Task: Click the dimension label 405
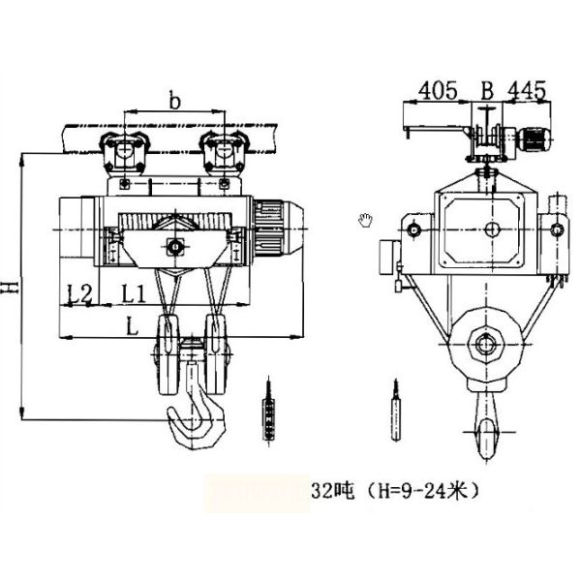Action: (x=438, y=90)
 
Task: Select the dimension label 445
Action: (x=527, y=90)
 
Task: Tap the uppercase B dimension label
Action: (x=487, y=90)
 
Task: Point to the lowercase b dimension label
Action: (x=174, y=100)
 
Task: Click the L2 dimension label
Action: (x=79, y=293)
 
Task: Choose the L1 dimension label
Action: (x=135, y=293)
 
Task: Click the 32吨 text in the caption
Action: (x=332, y=491)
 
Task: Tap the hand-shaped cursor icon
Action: (x=365, y=220)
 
